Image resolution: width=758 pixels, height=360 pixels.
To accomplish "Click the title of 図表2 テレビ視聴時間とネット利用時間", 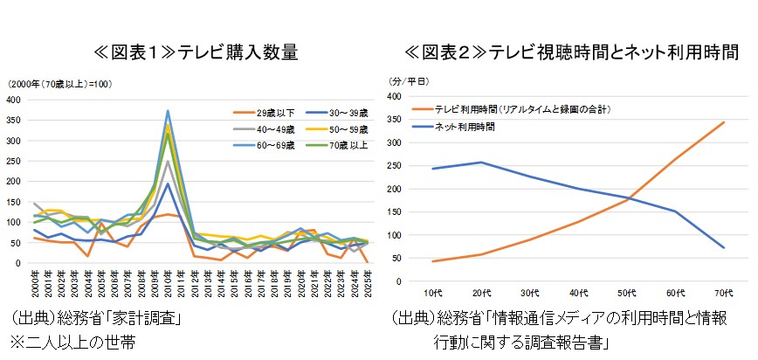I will click(x=571, y=53).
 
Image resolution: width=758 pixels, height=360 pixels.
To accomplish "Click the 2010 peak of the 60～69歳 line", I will click(x=167, y=111).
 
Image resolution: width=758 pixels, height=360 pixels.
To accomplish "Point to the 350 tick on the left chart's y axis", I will click(x=15, y=120).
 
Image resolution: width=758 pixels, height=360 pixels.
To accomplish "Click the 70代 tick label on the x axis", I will click(x=722, y=292).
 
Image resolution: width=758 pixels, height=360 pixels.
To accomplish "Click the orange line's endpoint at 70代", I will click(x=722, y=122).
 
